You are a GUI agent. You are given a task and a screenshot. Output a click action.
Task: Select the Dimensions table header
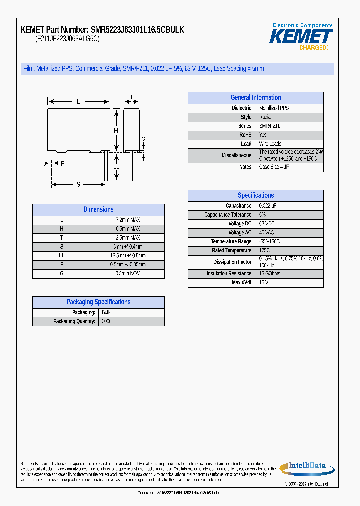click(x=98, y=210)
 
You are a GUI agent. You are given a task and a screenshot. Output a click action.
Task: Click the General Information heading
click(x=255, y=98)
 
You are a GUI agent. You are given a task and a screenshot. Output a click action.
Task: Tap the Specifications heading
click(x=255, y=196)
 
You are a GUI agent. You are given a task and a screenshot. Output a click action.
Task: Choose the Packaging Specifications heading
click(x=98, y=302)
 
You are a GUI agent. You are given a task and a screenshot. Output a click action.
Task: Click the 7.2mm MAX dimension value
click(x=128, y=220)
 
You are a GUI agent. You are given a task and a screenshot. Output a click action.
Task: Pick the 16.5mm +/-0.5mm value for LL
click(x=128, y=256)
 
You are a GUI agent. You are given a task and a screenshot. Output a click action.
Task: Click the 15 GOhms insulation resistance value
click(x=270, y=274)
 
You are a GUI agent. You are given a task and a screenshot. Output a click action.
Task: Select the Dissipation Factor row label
click(x=233, y=262)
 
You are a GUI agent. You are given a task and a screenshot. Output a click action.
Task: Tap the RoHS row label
click(x=246, y=135)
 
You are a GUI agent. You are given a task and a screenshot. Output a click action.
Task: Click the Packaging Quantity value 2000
click(x=107, y=321)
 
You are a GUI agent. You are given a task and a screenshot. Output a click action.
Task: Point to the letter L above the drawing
click(x=78, y=102)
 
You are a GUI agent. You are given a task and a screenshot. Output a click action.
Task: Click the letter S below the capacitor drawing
click(x=78, y=185)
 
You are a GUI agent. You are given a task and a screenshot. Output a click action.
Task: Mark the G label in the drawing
click(x=143, y=139)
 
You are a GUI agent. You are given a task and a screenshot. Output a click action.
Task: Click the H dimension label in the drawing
click(x=116, y=131)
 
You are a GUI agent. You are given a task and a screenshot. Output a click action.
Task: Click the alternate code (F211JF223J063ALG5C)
click(x=67, y=39)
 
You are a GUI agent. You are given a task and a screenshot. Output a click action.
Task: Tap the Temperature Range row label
click(x=231, y=242)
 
